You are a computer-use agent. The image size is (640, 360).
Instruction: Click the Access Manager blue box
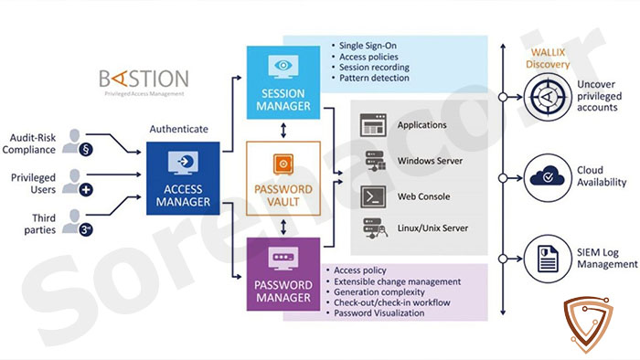pyautogui.click(x=183, y=178)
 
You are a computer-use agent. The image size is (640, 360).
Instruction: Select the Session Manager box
pyautogui.click(x=283, y=82)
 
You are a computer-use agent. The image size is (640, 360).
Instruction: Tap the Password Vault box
pyautogui.click(x=283, y=178)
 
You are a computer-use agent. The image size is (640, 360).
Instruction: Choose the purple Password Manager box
pyautogui.click(x=283, y=274)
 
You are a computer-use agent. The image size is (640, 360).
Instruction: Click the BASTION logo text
pyautogui.click(x=144, y=79)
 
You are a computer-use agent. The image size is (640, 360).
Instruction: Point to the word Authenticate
pyautogui.click(x=179, y=129)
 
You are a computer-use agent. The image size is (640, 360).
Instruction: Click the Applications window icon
pyautogui.click(x=373, y=125)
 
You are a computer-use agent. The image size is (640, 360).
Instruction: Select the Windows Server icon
pyautogui.click(x=375, y=161)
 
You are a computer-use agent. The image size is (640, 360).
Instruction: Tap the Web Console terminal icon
pyautogui.click(x=373, y=196)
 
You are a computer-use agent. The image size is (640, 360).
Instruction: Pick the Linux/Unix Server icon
pyautogui.click(x=375, y=228)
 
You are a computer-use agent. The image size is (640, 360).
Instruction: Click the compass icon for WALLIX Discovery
pyautogui.click(x=548, y=97)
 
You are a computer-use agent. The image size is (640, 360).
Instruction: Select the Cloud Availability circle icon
pyautogui.click(x=548, y=178)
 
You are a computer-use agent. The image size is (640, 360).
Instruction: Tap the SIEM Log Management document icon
pyautogui.click(x=548, y=259)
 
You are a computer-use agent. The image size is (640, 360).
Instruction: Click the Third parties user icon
pyautogui.click(x=77, y=223)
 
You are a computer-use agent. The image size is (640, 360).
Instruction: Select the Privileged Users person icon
pyautogui.click(x=77, y=182)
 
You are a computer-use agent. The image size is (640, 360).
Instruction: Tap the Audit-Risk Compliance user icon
pyautogui.click(x=77, y=143)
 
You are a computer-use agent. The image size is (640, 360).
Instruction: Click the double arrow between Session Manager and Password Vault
pyautogui.click(x=283, y=131)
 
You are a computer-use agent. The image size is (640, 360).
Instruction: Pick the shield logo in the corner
pyautogui.click(x=588, y=324)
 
